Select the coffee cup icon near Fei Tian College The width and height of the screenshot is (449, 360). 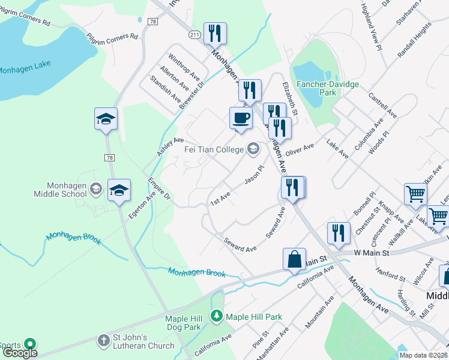[x=241, y=118]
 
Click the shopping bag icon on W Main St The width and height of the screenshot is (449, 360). [x=295, y=260]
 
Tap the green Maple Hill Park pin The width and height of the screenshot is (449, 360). [x=216, y=316]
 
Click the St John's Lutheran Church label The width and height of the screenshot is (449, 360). [x=144, y=341]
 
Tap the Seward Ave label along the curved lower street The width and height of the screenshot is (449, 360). [x=240, y=244]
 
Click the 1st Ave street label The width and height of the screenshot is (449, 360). [x=220, y=196]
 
